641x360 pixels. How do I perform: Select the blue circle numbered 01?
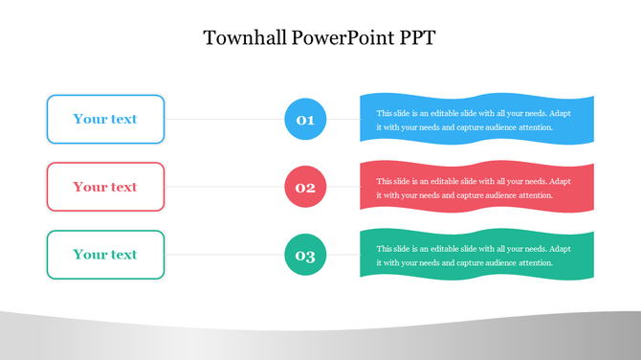[x=305, y=120]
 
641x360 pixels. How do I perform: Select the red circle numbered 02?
[x=305, y=187]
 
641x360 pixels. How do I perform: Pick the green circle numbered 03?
[x=305, y=255]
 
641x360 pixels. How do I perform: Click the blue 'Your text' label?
[x=105, y=120]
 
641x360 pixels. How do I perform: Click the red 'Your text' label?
[x=105, y=187]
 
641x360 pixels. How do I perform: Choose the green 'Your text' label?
[x=105, y=255]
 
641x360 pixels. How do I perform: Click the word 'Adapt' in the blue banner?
[x=562, y=113]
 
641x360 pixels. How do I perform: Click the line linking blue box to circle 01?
[x=225, y=120]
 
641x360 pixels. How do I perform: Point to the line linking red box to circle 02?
[x=225, y=187]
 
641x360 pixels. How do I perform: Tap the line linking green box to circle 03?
[x=225, y=255]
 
